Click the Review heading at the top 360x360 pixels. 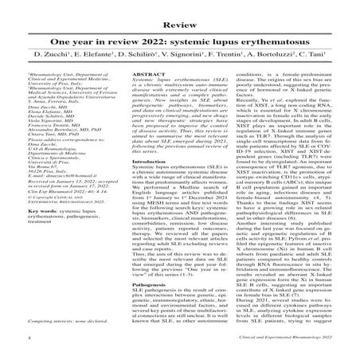(180, 10)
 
